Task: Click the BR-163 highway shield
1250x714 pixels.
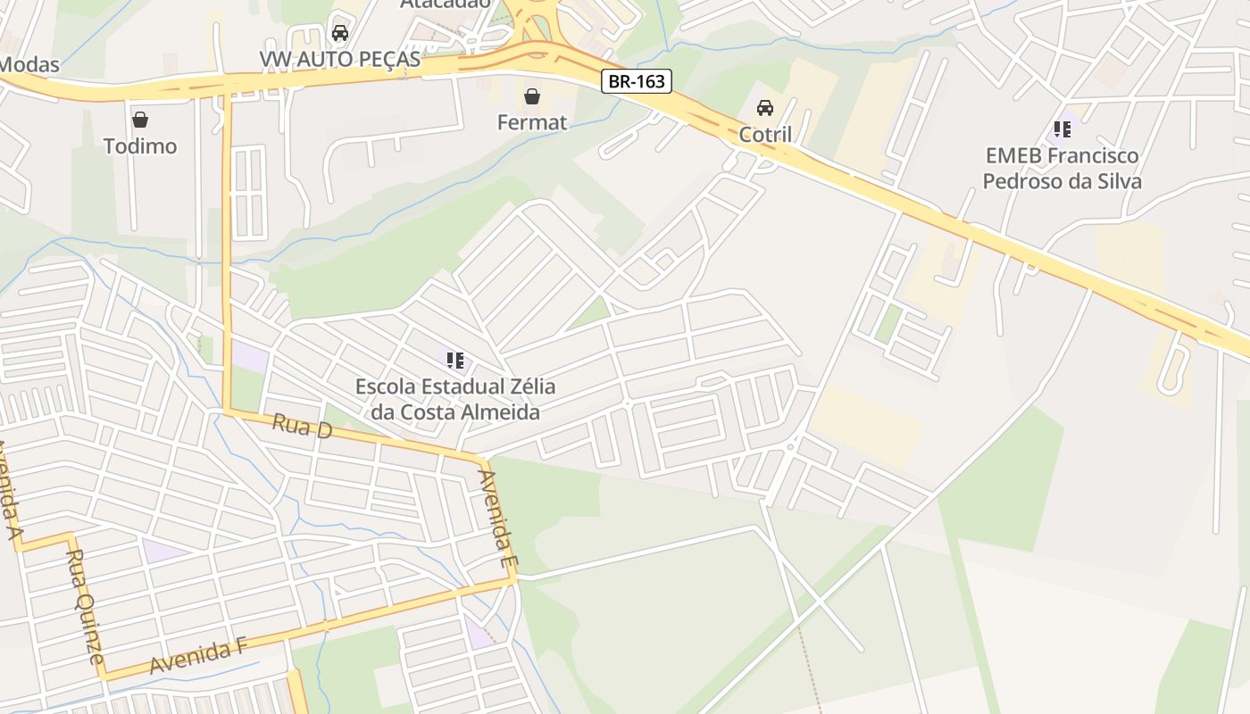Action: pyautogui.click(x=636, y=81)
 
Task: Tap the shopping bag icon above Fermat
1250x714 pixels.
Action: pyautogui.click(x=532, y=95)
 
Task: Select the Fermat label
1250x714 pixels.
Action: pyautogui.click(x=532, y=122)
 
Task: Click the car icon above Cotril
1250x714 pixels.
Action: pyautogui.click(x=765, y=108)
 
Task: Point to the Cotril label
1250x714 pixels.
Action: pyautogui.click(x=765, y=135)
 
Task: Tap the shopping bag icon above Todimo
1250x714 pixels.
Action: pyautogui.click(x=140, y=120)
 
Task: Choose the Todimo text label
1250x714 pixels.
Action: pyautogui.click(x=140, y=146)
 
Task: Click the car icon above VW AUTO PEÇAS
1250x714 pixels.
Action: pyautogui.click(x=339, y=34)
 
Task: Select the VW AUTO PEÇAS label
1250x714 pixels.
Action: pyautogui.click(x=339, y=59)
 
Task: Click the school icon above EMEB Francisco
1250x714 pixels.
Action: pyautogui.click(x=1062, y=129)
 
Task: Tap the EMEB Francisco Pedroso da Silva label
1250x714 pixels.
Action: pyautogui.click(x=1062, y=169)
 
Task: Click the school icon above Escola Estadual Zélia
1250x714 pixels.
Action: pyautogui.click(x=455, y=361)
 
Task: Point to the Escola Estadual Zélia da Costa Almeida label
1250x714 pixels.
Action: pyautogui.click(x=455, y=399)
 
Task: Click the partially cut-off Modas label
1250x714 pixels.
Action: pyautogui.click(x=29, y=64)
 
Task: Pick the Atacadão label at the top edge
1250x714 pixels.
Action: pyautogui.click(x=445, y=4)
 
